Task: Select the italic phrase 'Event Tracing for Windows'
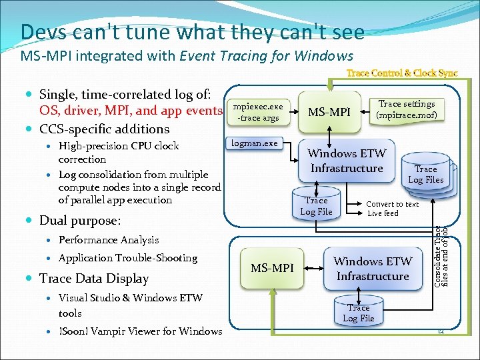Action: tap(267, 56)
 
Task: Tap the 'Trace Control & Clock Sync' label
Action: tap(401, 73)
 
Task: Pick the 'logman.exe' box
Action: tap(254, 143)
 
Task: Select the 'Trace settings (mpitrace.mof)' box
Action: tap(406, 109)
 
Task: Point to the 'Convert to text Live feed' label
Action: tap(393, 209)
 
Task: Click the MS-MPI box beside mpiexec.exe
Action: tap(329, 111)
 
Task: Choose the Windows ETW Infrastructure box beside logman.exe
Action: tap(346, 161)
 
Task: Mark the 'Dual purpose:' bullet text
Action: tap(80, 220)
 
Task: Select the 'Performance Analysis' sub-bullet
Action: tap(109, 240)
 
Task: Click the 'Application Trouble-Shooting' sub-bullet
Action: tap(128, 258)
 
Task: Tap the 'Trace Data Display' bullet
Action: tap(94, 278)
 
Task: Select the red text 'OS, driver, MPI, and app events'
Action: tap(130, 111)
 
